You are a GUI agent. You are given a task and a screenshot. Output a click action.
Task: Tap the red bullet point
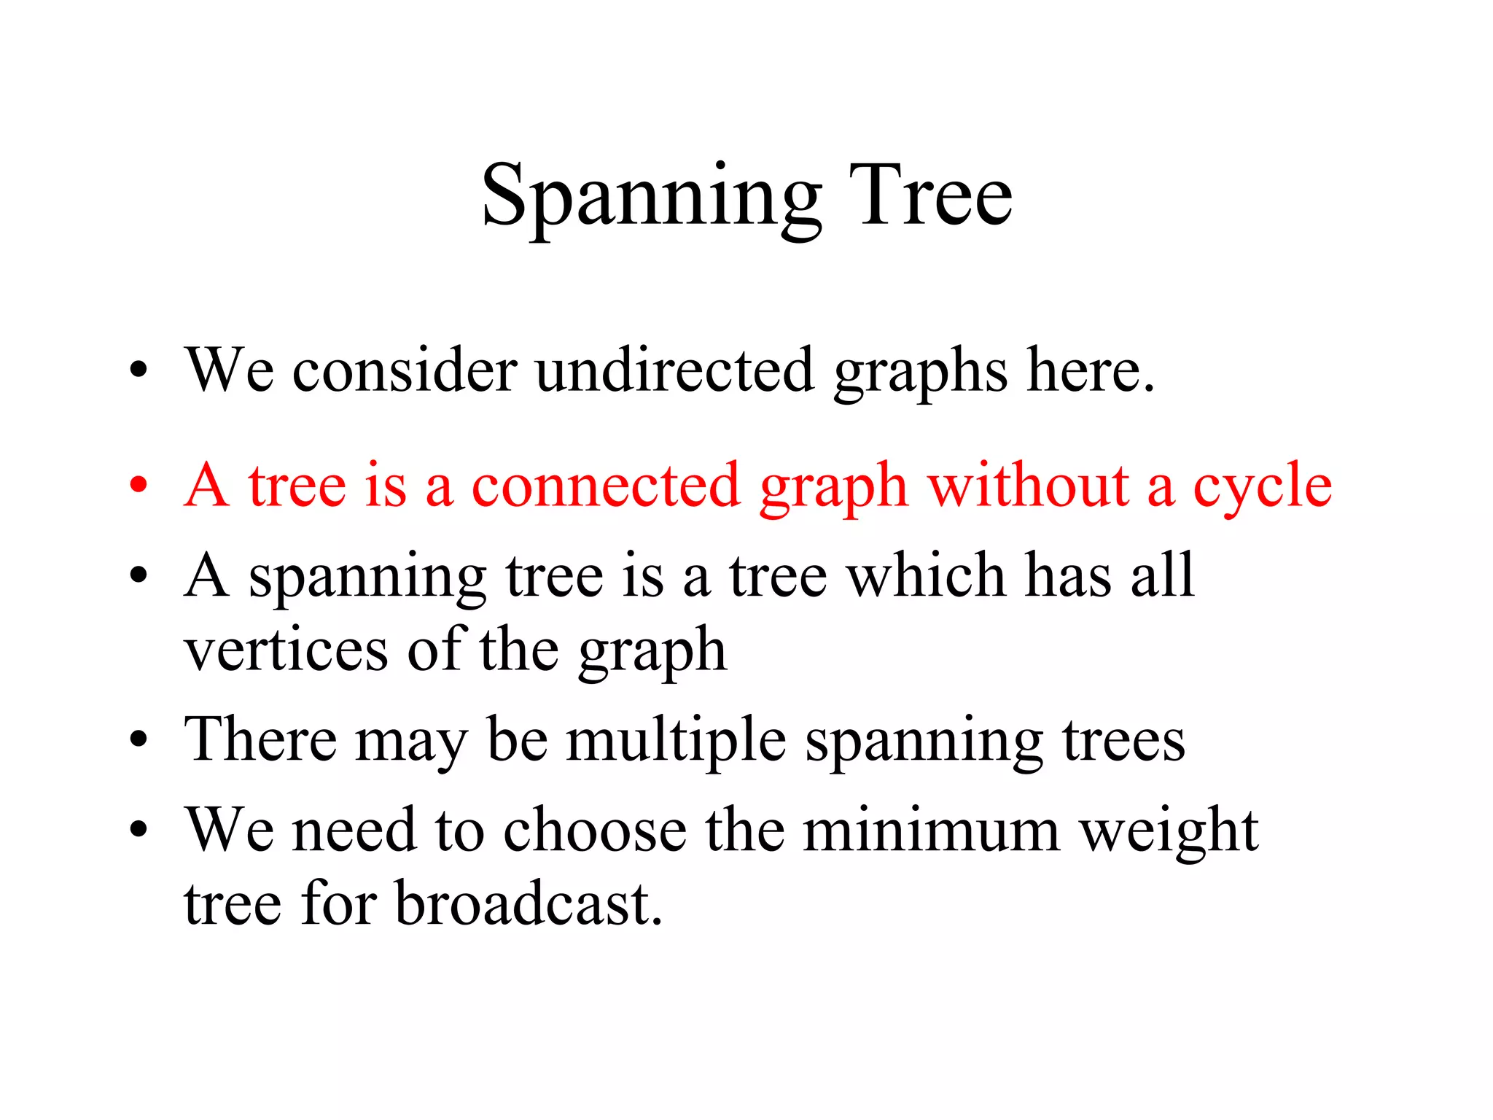138,485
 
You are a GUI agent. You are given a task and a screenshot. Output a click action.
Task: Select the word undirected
674,370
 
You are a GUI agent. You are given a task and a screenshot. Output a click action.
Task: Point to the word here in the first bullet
1089,370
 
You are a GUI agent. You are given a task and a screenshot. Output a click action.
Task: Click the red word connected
606,486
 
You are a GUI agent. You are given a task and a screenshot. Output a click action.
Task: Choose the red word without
1029,485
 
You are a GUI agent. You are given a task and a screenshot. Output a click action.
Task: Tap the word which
926,575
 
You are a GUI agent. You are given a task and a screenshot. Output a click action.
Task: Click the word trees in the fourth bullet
1123,741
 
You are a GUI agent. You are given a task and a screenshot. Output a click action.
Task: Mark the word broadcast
529,904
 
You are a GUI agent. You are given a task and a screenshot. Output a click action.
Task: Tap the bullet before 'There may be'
138,741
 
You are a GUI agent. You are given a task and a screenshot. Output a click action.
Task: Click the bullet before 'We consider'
138,370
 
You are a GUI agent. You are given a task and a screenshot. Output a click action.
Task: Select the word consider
405,370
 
